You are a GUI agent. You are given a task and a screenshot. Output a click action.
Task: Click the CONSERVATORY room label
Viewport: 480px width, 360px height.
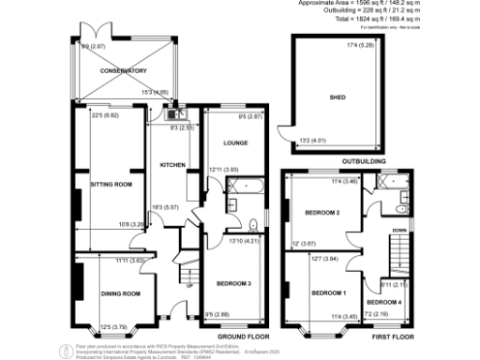(x=124, y=71)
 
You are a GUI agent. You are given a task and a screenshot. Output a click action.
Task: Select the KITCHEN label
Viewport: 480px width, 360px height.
(x=172, y=165)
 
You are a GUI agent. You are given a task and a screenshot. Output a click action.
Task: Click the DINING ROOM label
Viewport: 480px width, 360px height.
(x=120, y=293)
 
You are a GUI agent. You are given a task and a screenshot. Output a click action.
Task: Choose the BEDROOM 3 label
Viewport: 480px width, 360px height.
(x=232, y=282)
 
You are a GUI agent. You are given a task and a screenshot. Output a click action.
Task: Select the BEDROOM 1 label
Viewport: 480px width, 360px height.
(x=328, y=292)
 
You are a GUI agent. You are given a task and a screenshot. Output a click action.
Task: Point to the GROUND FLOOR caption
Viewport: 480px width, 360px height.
(x=243, y=335)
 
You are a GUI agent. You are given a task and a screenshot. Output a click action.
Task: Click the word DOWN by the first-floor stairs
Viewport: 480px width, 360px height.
(x=398, y=230)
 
